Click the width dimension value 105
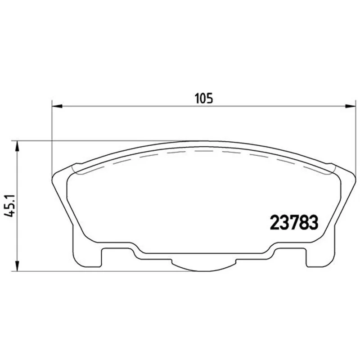(x=204, y=98)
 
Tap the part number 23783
(x=295, y=222)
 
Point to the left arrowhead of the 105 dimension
(x=58, y=106)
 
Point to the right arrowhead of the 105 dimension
(x=351, y=106)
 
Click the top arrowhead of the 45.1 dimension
(x=17, y=146)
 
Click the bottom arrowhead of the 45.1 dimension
(x=17, y=266)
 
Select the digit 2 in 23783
(x=275, y=222)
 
